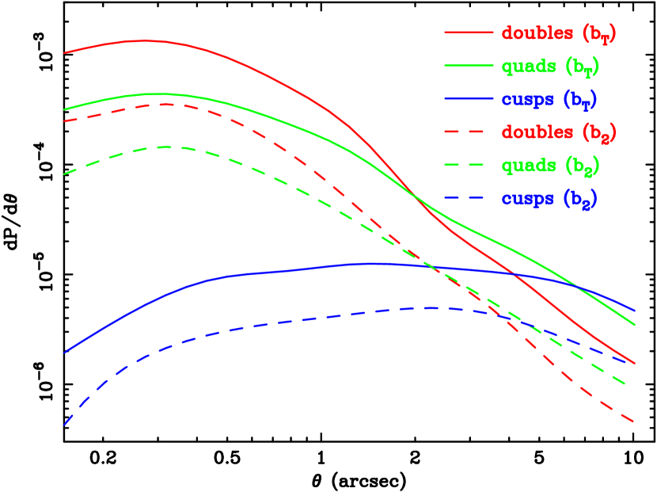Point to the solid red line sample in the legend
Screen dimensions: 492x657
469,33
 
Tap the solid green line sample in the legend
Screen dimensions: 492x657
469,67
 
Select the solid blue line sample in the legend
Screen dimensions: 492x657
469,100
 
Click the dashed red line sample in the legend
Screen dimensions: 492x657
469,132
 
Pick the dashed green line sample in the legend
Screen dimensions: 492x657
469,166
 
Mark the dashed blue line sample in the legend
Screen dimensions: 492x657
469,199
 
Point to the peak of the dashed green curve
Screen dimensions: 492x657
166,147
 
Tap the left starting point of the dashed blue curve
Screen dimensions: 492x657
64,425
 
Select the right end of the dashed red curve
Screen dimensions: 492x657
635,421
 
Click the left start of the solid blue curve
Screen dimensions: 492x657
64,353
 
